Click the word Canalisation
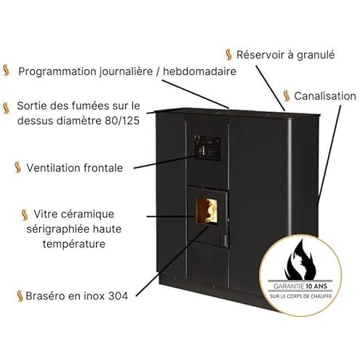tap(325, 96)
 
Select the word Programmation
tap(57, 72)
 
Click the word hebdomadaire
tap(199, 71)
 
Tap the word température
tap(74, 244)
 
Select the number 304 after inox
tap(118, 296)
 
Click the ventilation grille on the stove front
tap(207, 148)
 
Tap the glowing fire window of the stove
tap(207, 210)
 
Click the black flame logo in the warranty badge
tap(300, 260)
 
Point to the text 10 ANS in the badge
tap(316, 287)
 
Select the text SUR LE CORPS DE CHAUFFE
tap(301, 296)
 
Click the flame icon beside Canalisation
tap(287, 96)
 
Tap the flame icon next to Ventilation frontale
tap(17, 167)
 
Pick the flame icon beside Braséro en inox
tap(20, 296)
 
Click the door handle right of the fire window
tap(225, 240)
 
